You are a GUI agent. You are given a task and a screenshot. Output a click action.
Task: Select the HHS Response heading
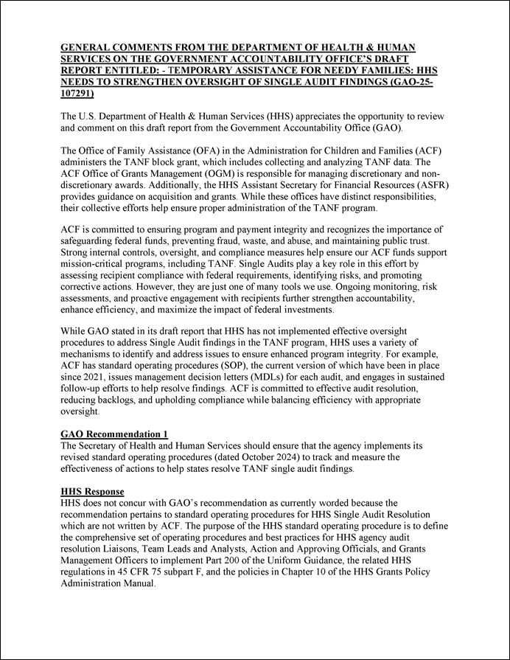pyautogui.click(x=92, y=491)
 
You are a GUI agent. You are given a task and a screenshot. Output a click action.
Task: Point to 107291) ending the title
pyautogui.click(x=77, y=94)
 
